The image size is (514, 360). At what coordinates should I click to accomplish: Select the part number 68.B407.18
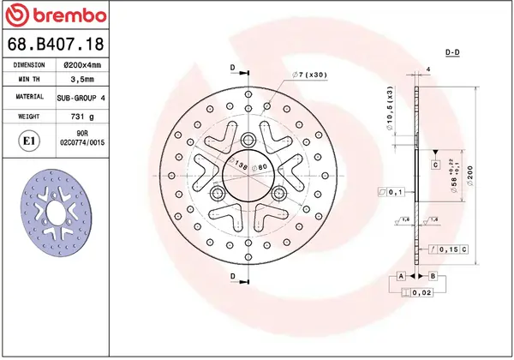(x=56, y=43)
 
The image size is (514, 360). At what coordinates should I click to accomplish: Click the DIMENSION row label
(x=29, y=64)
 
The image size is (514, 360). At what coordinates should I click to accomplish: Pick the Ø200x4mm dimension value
(x=82, y=64)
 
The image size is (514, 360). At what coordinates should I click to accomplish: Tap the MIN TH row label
(x=29, y=81)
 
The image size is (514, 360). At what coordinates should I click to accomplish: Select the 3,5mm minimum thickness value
(x=82, y=81)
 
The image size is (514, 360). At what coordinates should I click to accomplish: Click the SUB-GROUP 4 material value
(x=82, y=98)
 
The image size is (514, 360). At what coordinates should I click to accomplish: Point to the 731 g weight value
(x=82, y=115)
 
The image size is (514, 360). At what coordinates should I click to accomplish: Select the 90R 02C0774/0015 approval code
(x=83, y=139)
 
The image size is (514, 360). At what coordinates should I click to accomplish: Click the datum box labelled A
(x=400, y=276)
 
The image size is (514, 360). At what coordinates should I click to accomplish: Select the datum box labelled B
(x=433, y=276)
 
